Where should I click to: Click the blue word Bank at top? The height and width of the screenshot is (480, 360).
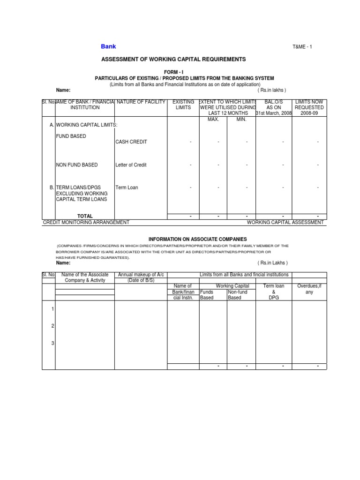point(108,46)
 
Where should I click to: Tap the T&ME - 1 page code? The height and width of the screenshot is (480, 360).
point(303,47)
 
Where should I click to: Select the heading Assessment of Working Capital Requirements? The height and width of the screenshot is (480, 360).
point(173,60)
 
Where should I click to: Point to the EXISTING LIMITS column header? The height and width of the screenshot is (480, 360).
point(183,105)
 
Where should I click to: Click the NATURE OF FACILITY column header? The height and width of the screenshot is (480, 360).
point(141,102)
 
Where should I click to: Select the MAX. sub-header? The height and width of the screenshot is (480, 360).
point(214,119)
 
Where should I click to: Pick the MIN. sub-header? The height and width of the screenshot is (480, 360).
point(241,119)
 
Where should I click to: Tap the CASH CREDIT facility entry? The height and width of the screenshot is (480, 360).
point(131,142)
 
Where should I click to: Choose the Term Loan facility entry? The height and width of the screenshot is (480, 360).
point(127,187)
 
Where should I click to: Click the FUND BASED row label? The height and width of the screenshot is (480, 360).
point(71,136)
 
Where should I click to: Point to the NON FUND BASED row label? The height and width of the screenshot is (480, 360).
point(77,165)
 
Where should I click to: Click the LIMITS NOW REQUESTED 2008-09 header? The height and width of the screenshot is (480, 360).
point(309,107)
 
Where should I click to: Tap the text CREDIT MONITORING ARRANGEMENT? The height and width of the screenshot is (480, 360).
point(86,222)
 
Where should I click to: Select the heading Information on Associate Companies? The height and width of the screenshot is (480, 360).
point(197,239)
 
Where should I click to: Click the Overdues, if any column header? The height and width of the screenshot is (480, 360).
point(309,289)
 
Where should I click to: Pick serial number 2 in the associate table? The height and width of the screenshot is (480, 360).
point(52,326)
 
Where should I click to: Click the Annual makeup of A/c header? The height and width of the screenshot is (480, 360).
point(141,277)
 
